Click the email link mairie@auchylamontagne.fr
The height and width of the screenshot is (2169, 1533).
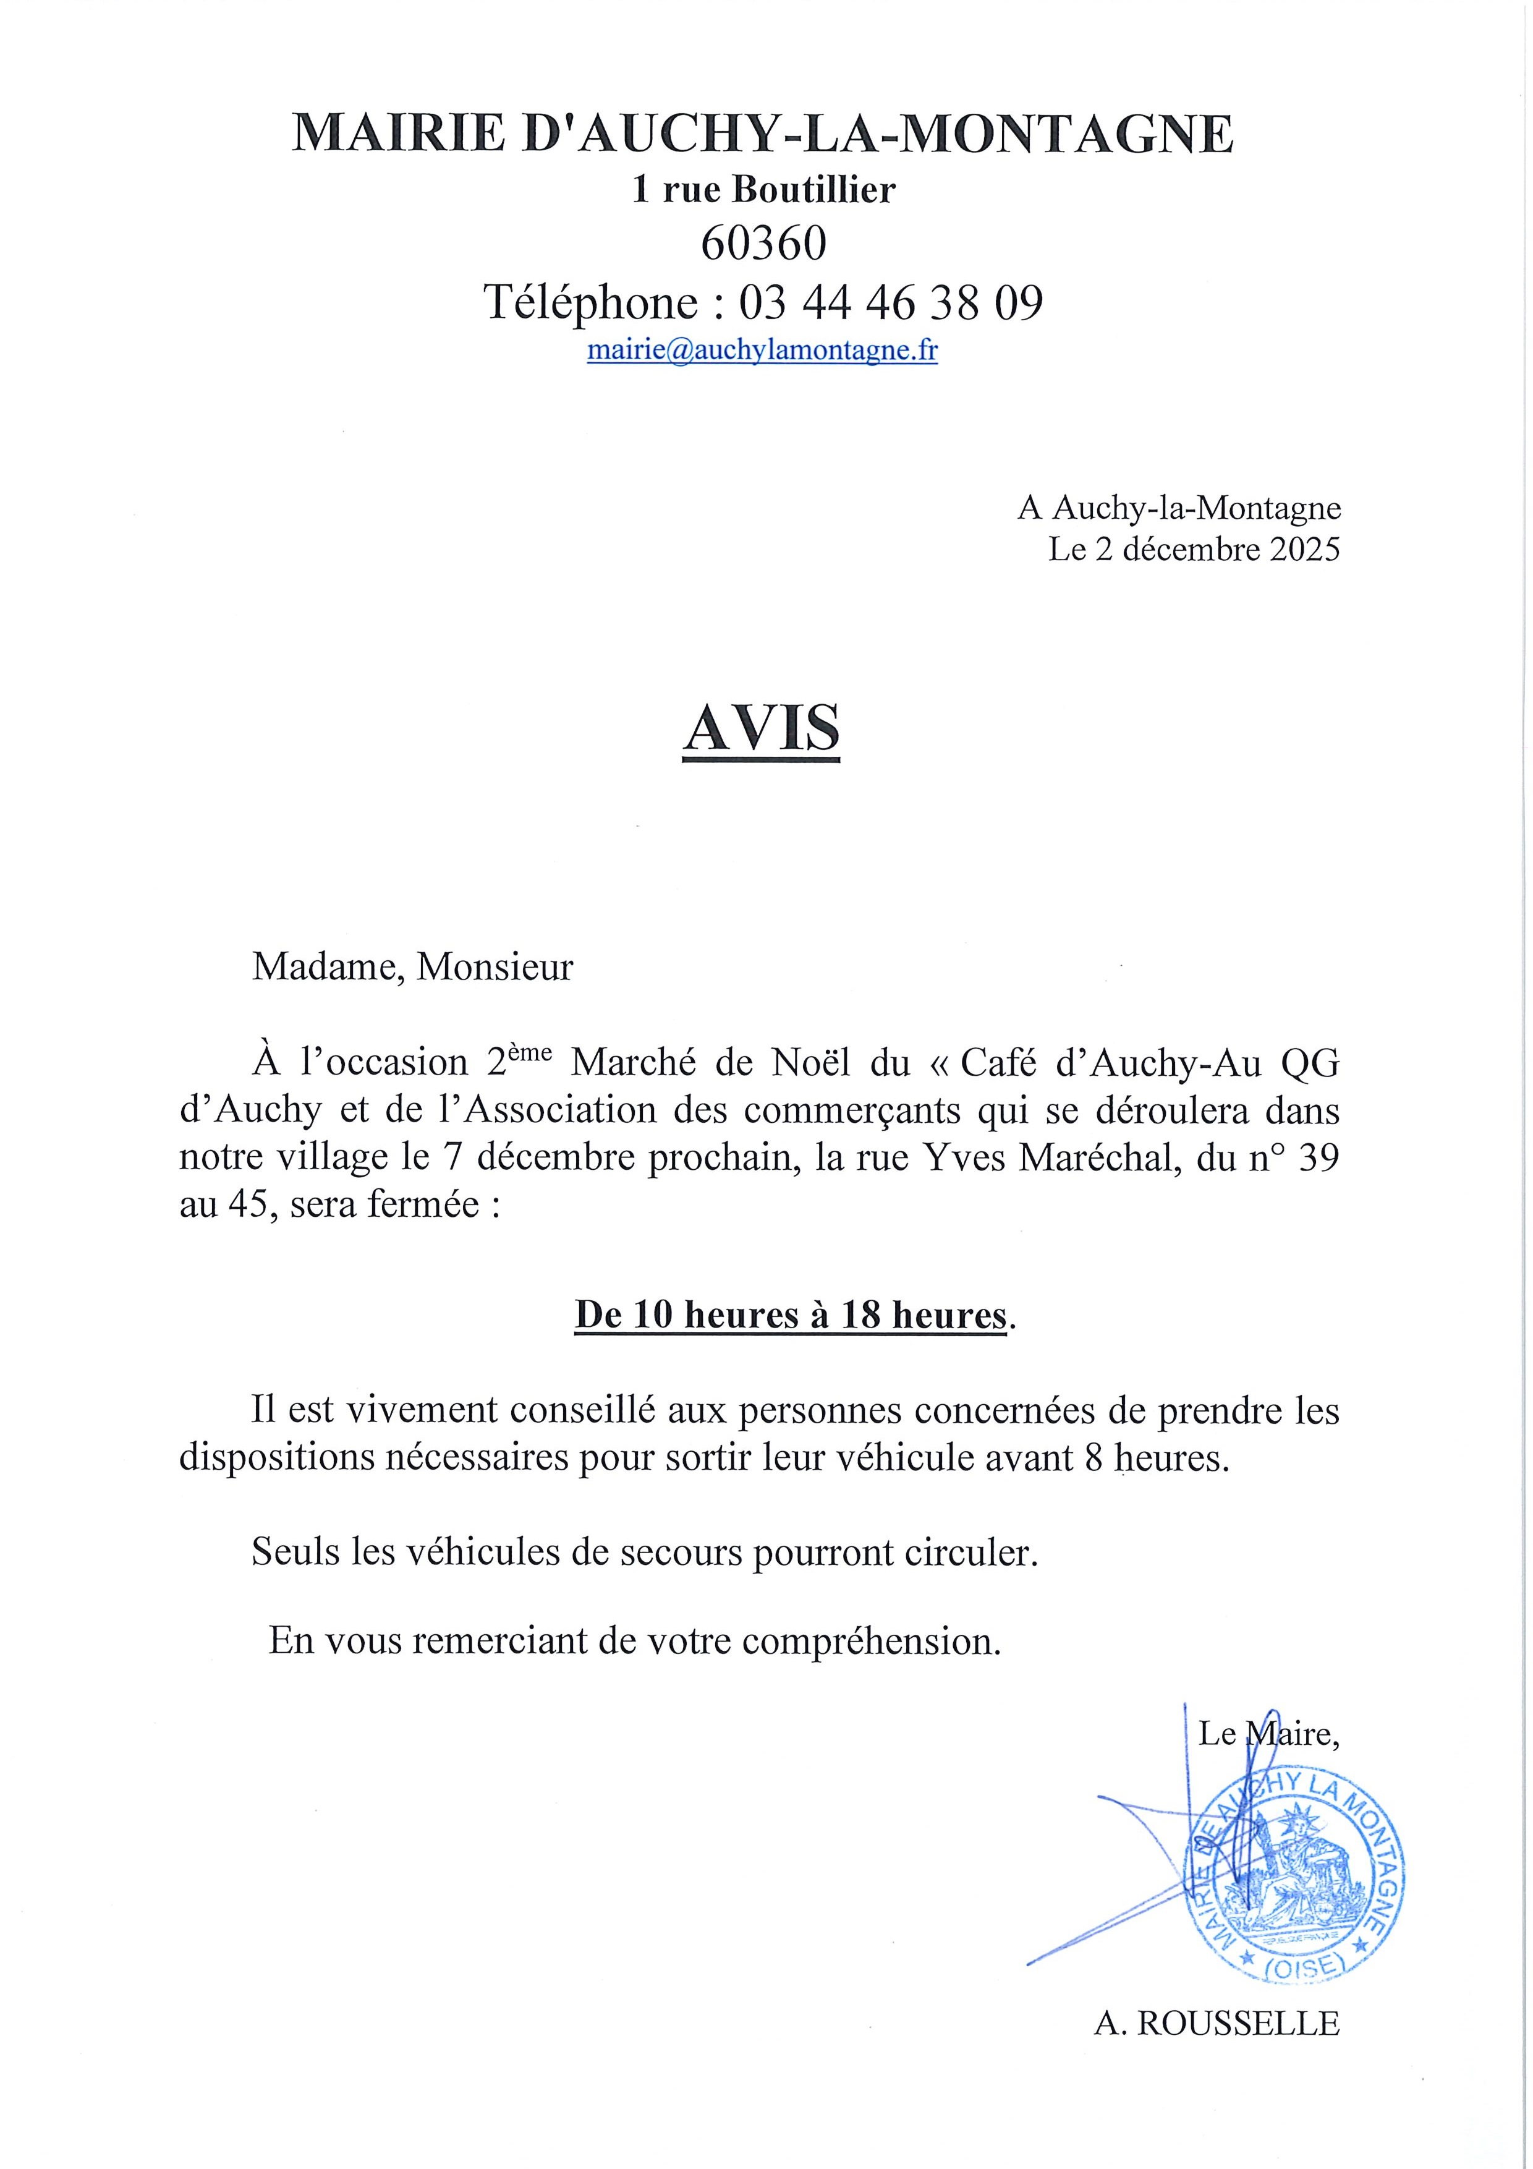click(x=762, y=351)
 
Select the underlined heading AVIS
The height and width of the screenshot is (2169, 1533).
click(x=762, y=730)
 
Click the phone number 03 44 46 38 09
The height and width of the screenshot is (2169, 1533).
click(x=891, y=302)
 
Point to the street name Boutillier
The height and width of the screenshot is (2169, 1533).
click(x=814, y=191)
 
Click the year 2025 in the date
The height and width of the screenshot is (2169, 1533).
click(x=1304, y=550)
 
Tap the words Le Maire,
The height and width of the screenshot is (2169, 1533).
click(x=1268, y=1734)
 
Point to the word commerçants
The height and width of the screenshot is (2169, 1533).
click(x=852, y=1111)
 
